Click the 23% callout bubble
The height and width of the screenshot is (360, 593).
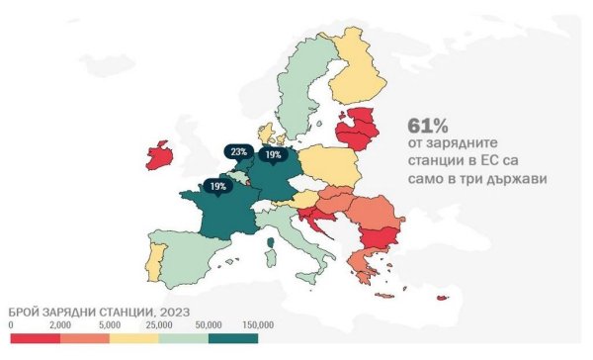[239, 152]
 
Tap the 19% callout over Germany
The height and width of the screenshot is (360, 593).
[272, 155]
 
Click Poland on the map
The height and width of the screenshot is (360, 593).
[324, 164]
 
